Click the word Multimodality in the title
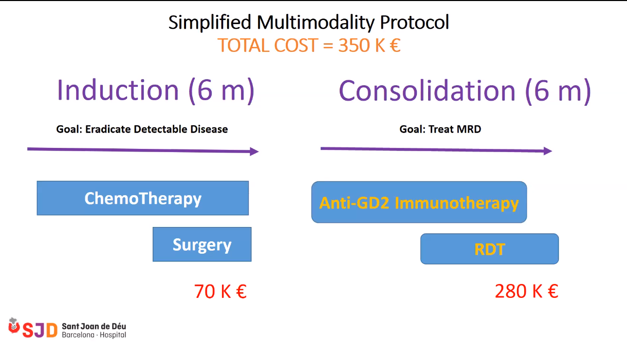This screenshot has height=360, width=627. coord(316,23)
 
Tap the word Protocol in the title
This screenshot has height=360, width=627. coord(415,23)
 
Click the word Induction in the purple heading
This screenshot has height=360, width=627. coord(118,90)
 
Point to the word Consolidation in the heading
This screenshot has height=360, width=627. coord(427,90)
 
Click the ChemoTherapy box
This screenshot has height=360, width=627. coord(143,198)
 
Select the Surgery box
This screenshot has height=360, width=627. coord(202,244)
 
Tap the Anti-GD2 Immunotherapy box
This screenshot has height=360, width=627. coord(419,202)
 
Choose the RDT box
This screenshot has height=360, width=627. coord(490,249)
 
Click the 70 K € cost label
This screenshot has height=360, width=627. coord(220,291)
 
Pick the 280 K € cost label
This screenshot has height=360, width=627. coord(526,291)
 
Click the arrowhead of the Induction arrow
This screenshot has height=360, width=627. coord(255,151)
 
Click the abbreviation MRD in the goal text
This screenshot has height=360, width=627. coord(469,129)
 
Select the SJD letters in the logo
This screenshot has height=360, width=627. coord(40,330)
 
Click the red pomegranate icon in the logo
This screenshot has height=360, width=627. coord(14,326)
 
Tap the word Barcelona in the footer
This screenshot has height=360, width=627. coord(78,335)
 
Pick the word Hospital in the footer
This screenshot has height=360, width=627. coord(113,335)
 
